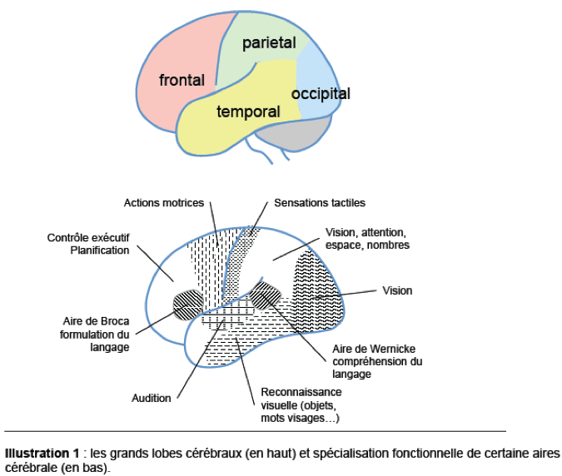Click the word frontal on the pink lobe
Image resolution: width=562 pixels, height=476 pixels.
(182, 81)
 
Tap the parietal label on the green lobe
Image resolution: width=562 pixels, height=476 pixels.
(270, 43)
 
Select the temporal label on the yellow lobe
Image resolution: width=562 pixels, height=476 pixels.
(247, 111)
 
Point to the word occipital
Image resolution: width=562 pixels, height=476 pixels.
(321, 93)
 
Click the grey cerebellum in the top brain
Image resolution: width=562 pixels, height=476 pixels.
(291, 131)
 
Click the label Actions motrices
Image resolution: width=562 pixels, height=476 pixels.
(163, 202)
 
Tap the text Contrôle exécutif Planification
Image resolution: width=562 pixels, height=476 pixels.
(88, 243)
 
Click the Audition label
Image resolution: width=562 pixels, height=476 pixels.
(151, 398)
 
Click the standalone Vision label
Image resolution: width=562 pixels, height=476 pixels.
(397, 291)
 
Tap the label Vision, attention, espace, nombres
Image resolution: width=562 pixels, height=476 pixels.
(366, 238)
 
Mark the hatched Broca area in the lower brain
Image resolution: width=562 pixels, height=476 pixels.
(187, 305)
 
